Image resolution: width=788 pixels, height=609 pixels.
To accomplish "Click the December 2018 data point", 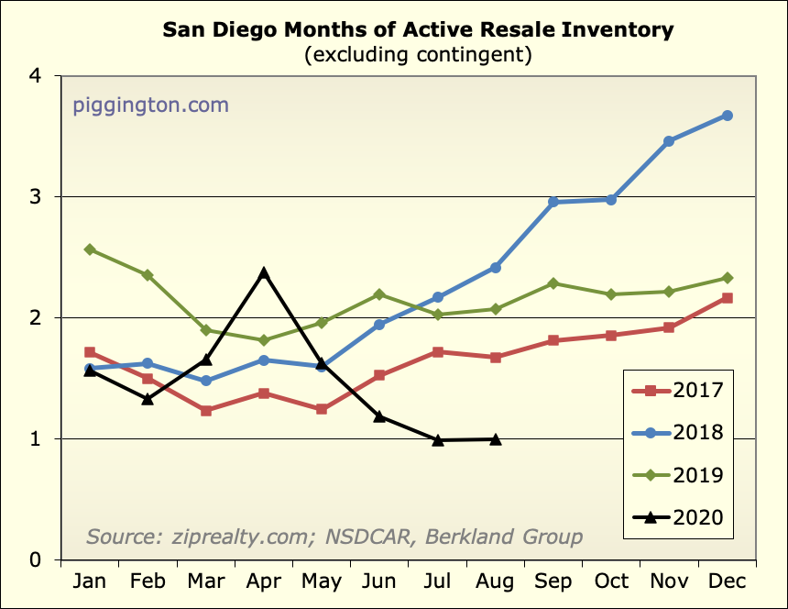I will (x=728, y=116).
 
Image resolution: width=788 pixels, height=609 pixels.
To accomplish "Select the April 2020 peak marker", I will (x=264, y=273).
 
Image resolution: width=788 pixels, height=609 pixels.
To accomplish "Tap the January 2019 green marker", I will (x=90, y=249).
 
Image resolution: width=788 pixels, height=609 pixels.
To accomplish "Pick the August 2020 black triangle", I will (x=496, y=439).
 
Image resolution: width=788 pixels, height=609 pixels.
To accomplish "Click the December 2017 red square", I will (x=728, y=298).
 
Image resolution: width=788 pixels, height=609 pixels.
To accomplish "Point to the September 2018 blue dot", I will (x=553, y=202).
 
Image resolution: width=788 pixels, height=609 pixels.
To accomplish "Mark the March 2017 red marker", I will (x=206, y=411).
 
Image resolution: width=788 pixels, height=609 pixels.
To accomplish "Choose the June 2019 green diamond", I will (x=379, y=294).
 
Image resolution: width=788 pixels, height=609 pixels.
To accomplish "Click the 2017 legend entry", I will (x=679, y=391).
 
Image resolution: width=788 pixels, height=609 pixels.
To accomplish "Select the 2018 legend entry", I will (x=679, y=433).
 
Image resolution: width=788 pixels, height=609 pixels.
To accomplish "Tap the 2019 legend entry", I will (x=679, y=475).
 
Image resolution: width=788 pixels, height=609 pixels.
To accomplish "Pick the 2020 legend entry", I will (x=679, y=517).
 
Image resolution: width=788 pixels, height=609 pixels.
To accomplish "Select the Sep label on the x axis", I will (x=553, y=582).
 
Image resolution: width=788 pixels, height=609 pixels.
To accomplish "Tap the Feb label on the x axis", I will (x=148, y=582).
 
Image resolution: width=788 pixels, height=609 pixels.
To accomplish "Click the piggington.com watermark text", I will (x=150, y=105).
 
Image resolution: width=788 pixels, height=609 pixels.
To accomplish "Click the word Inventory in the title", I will (x=616, y=29).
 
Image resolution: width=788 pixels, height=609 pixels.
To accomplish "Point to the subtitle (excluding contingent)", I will (x=418, y=55).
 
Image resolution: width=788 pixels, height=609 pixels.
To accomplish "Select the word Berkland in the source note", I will (x=466, y=537).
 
